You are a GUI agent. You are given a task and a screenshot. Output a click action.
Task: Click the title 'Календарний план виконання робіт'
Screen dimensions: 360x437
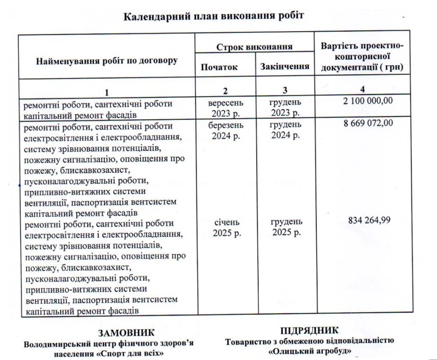pos(213,16)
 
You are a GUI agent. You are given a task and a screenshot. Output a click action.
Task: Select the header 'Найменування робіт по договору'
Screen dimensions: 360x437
pos(106,60)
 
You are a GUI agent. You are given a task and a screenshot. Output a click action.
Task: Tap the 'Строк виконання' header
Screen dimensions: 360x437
pos(254,47)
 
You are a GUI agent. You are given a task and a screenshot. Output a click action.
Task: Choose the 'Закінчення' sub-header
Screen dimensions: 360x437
pos(285,67)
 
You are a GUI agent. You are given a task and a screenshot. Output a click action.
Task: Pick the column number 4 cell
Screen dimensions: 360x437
pos(362,89)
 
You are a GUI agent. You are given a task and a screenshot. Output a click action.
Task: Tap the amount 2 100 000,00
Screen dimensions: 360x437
pos(362,101)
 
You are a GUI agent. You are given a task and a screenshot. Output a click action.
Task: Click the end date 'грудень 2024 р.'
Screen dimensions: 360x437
pos(285,130)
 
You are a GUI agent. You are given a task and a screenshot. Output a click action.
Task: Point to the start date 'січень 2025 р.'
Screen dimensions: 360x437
pos(227,227)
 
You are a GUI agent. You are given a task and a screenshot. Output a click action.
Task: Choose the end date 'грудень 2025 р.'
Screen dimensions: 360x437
pos(287,227)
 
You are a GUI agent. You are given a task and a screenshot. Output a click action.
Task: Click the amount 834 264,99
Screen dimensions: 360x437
pos(369,220)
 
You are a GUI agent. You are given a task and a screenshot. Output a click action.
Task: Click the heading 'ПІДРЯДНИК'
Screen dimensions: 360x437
pos(310,330)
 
